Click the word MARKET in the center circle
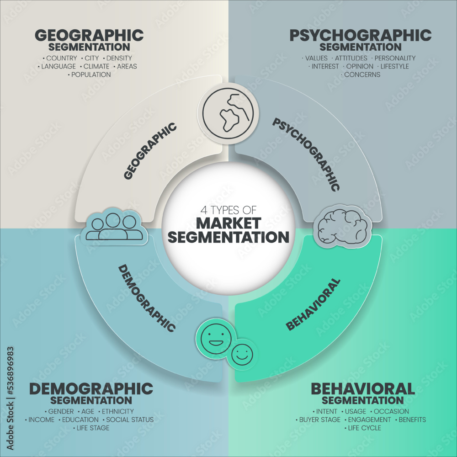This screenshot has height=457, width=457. click(x=228, y=223)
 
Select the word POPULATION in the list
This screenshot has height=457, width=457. click(x=90, y=74)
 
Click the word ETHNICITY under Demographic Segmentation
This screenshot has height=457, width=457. click(x=117, y=411)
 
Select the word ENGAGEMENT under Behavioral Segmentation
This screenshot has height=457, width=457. click(x=369, y=420)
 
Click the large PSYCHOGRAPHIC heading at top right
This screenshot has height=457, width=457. click(x=360, y=35)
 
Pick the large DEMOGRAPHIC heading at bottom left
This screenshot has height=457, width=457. click(x=91, y=388)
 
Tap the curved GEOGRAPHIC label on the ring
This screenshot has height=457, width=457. click(x=150, y=150)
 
